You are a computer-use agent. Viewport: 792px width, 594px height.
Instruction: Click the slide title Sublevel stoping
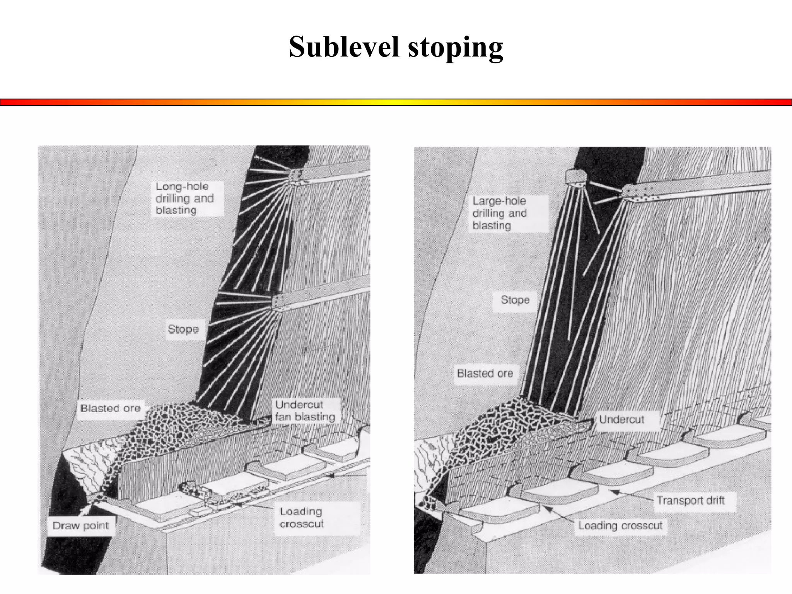(396, 47)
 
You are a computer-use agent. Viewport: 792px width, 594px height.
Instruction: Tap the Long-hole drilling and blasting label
(185, 198)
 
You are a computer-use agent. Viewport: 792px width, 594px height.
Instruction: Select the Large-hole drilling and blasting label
(500, 213)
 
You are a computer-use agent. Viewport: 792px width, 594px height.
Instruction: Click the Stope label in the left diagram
(183, 329)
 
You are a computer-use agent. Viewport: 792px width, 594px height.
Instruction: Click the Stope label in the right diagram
(515, 300)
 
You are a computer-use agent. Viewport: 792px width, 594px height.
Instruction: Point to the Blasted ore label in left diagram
(110, 408)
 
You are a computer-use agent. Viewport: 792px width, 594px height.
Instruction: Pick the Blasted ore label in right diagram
(485, 373)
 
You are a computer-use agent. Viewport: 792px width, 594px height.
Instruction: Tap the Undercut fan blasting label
(305, 411)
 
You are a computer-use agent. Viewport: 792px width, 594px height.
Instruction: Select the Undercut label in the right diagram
(621, 419)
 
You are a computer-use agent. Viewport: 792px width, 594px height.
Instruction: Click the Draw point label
(81, 526)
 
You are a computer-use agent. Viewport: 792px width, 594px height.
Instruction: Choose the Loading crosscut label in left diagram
(302, 517)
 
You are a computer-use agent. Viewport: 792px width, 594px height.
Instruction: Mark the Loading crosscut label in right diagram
(620, 526)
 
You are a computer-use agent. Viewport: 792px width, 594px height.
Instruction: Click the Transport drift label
(691, 500)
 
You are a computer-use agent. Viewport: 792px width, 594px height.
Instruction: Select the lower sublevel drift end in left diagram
(278, 302)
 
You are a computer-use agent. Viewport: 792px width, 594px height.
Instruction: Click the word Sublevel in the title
(344, 47)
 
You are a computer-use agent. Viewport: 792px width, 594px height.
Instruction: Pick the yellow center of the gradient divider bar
(396, 102)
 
